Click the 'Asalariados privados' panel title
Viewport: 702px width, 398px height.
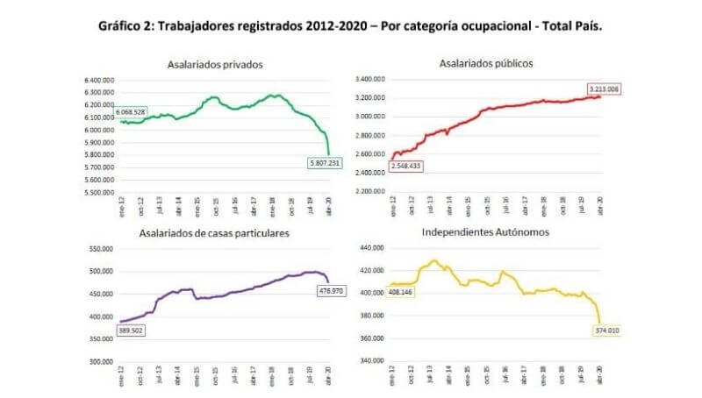[x=215, y=64]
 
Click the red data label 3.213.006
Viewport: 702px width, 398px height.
[x=603, y=89]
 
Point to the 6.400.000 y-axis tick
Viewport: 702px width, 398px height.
[x=100, y=80]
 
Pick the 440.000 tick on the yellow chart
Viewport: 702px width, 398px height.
[x=371, y=248]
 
